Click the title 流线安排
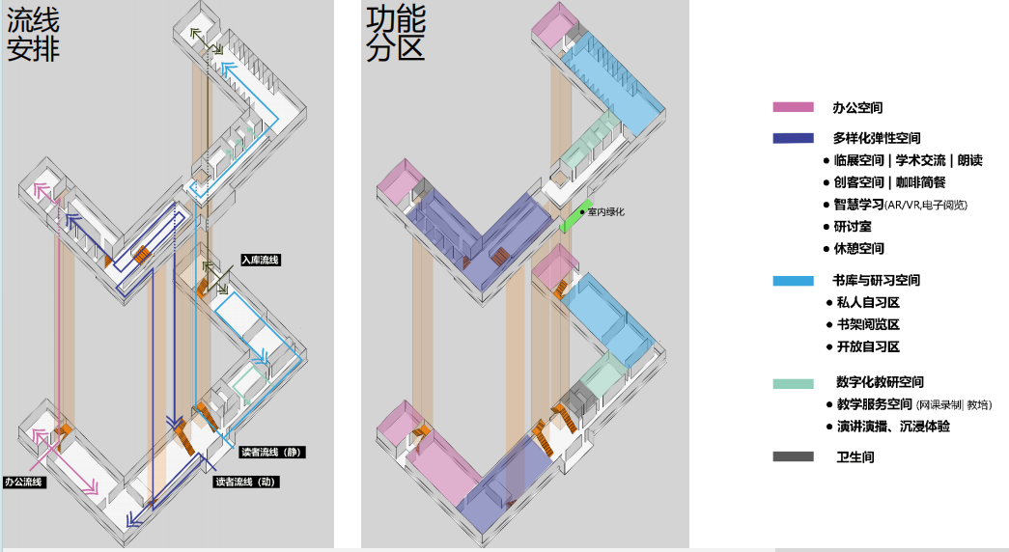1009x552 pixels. tap(34, 36)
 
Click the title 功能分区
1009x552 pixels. tap(396, 36)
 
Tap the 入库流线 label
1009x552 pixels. tap(260, 260)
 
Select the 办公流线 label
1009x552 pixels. tap(24, 481)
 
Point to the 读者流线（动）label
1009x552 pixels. tap(246, 481)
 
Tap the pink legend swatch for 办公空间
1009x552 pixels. tap(793, 108)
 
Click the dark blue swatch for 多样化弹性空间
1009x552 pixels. tap(793, 138)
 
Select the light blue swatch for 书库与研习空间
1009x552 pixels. tap(793, 281)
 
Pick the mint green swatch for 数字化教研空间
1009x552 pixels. tap(793, 383)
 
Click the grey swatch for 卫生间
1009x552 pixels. tap(793, 456)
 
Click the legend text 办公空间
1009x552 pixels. tap(857, 108)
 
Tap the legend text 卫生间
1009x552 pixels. tap(855, 456)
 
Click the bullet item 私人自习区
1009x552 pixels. tap(868, 303)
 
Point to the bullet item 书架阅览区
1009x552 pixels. tap(868, 325)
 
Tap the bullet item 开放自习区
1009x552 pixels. tap(868, 346)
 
